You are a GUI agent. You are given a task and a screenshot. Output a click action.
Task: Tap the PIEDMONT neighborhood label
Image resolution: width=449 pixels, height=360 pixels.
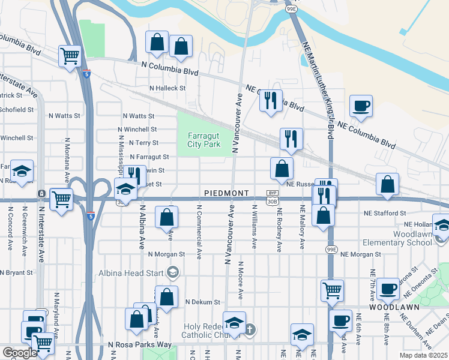tap(226, 193)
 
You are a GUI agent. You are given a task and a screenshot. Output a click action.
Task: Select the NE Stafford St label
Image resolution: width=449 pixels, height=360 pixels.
tap(384, 213)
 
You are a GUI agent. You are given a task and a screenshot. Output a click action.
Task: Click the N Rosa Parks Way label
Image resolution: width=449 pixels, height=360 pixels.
tap(139, 345)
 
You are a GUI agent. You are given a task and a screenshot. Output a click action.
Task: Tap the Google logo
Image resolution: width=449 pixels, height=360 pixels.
tap(20, 353)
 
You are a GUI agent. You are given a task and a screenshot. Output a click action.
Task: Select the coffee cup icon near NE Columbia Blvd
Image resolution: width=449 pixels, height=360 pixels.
tap(361, 106)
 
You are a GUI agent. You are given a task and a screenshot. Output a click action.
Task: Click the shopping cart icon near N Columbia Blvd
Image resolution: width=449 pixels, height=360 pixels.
tap(70, 56)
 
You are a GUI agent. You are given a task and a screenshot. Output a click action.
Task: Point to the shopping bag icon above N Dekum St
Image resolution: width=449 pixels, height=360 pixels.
tap(166, 296)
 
